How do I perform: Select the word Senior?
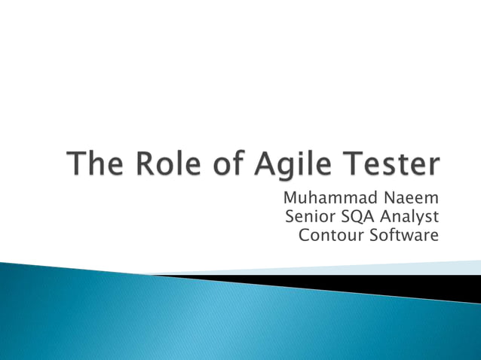[x=310, y=218]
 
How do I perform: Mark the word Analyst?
[x=412, y=218]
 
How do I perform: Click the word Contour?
[x=329, y=236]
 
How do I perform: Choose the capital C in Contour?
[x=305, y=236]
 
